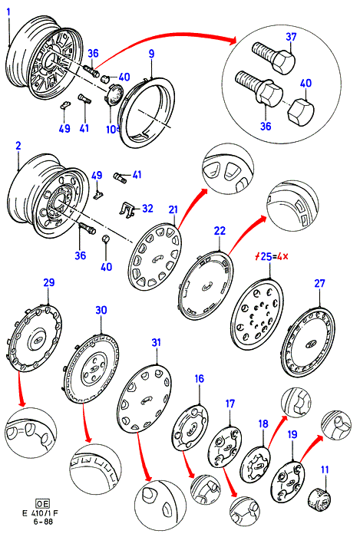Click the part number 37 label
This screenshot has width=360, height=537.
pyautogui.click(x=291, y=37)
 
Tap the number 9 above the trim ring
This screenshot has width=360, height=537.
pyautogui.click(x=151, y=54)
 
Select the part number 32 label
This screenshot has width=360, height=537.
pyautogui.click(x=147, y=208)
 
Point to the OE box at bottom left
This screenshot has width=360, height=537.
pyautogui.click(x=42, y=503)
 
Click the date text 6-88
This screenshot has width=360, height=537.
pyautogui.click(x=43, y=521)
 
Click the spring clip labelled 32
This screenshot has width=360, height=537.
pyautogui.click(x=127, y=209)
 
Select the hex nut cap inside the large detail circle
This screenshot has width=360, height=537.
pyautogui.click(x=299, y=113)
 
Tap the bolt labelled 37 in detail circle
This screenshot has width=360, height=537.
pyautogui.click(x=273, y=58)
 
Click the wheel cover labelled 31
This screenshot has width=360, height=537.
pyautogui.click(x=144, y=398)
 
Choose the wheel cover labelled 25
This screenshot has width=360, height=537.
pyautogui.click(x=257, y=313)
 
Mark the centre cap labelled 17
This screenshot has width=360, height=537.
pyautogui.click(x=225, y=447)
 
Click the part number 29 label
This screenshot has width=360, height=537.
pyautogui.click(x=48, y=282)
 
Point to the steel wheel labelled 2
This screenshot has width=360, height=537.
pyautogui.click(x=48, y=196)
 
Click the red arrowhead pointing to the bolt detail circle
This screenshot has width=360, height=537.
pyautogui.click(x=233, y=41)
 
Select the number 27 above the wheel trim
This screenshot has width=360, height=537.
pyautogui.click(x=319, y=284)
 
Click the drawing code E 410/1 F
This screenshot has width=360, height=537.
pyautogui.click(x=41, y=513)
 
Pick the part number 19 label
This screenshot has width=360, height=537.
pyautogui.click(x=292, y=434)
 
